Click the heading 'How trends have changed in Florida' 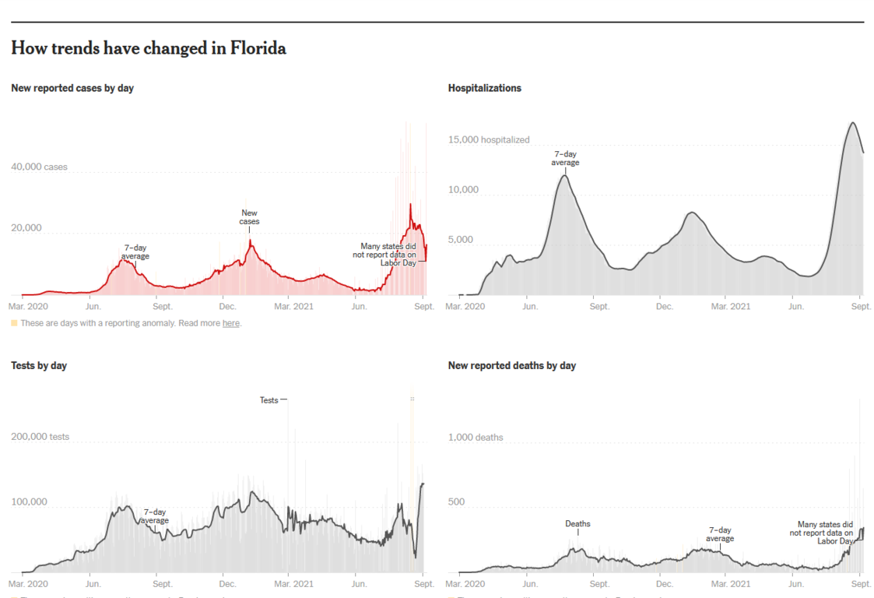click(x=149, y=49)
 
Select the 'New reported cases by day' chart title click(x=72, y=89)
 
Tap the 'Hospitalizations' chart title click(x=485, y=89)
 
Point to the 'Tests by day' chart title click(x=39, y=366)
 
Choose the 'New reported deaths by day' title click(x=512, y=366)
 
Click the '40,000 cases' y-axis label click(x=39, y=167)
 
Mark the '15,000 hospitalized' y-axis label click(x=489, y=140)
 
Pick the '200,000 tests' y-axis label click(x=40, y=437)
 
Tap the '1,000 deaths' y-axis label click(x=476, y=438)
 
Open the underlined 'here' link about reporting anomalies click(x=231, y=323)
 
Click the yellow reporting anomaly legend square click(x=14, y=323)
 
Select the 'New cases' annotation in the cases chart click(x=250, y=217)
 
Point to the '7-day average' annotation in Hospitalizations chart click(x=566, y=158)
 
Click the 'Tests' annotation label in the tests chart click(x=269, y=400)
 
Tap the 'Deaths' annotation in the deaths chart click(x=577, y=524)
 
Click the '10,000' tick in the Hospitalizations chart click(x=464, y=190)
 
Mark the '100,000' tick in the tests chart click(x=29, y=502)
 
